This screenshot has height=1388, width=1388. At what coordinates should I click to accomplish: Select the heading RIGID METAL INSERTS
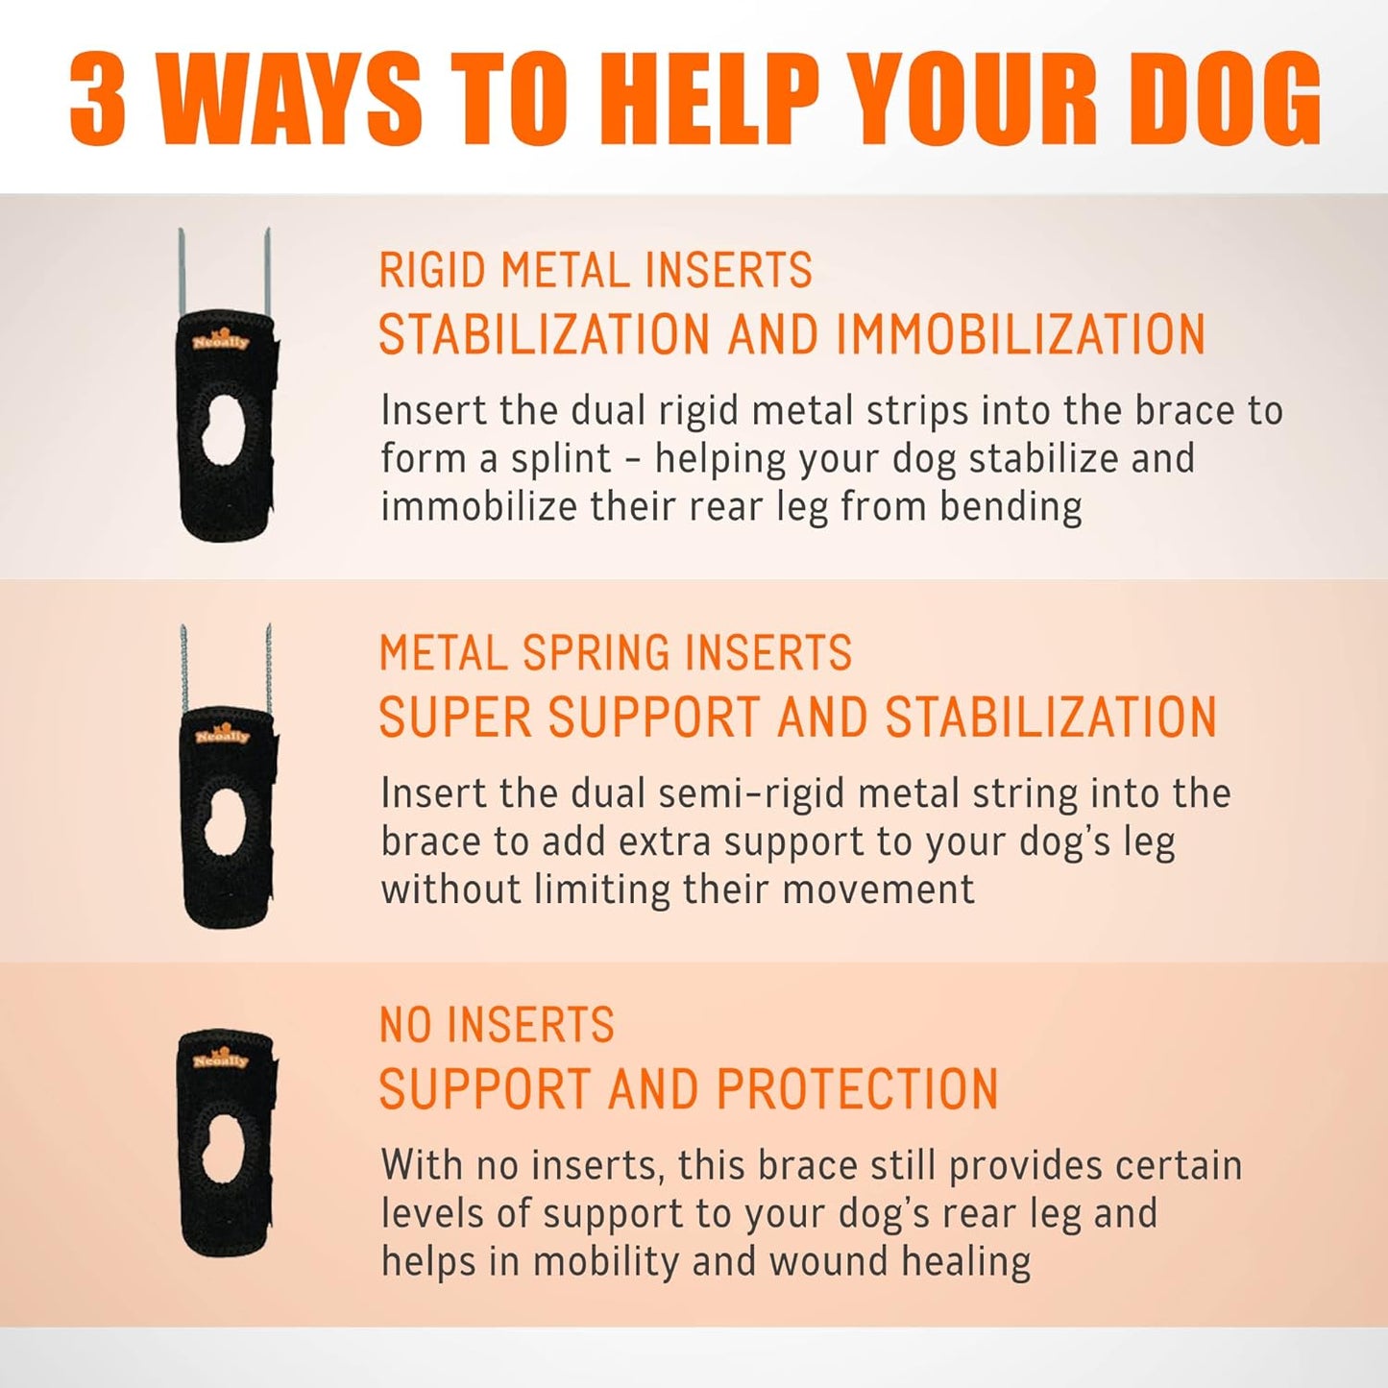[596, 270]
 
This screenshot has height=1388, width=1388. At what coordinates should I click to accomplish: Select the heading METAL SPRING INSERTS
[615, 652]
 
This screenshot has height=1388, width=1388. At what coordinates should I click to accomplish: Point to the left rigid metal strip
[180, 272]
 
